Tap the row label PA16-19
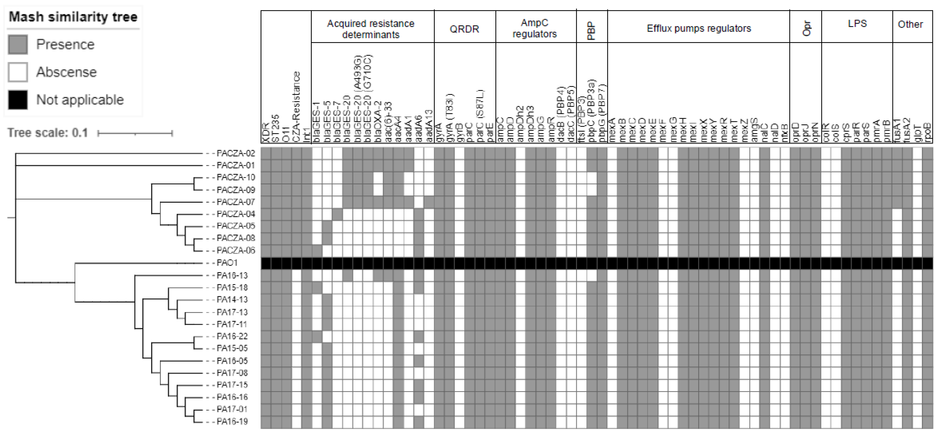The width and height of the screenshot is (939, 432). pos(232,422)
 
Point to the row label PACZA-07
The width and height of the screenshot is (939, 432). pos(235,202)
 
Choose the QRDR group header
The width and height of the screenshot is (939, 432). pos(464,29)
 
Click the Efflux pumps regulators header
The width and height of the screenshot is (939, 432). pos(699,28)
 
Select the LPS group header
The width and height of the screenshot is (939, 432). pos(857,24)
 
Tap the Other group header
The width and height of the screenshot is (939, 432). pos(910,24)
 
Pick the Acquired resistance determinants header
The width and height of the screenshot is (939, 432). pos(371,29)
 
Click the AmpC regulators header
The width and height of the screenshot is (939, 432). pos(534,28)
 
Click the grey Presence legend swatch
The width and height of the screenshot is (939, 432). pos(18,45)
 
